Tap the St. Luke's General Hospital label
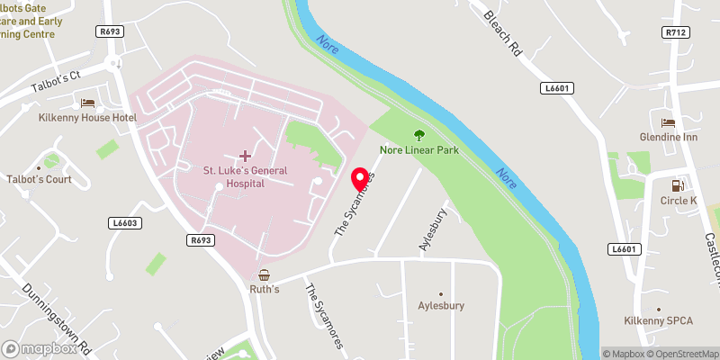[233, 175]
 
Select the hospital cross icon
[246, 157]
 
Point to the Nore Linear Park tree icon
[418, 135]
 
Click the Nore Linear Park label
[418, 150]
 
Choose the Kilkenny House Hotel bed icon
[86, 103]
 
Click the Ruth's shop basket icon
[264, 275]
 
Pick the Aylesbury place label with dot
[441, 305]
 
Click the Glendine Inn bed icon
[668, 122]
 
